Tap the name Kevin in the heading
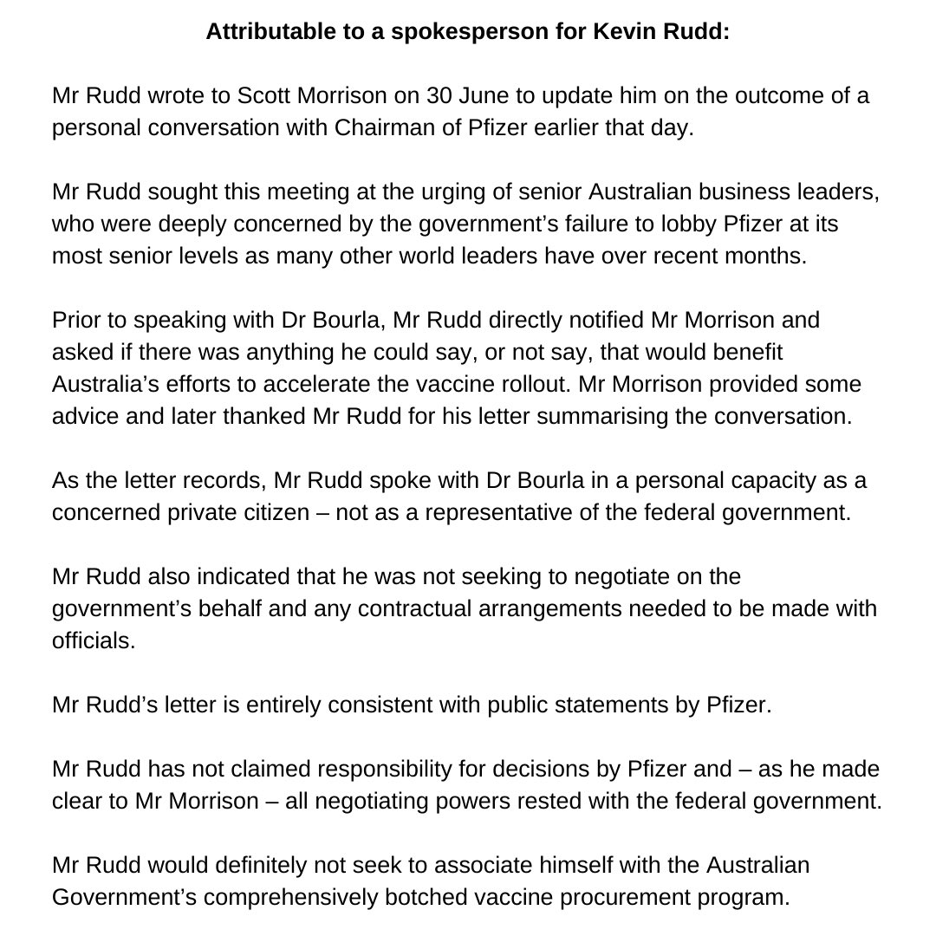612,35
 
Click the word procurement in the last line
596,896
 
